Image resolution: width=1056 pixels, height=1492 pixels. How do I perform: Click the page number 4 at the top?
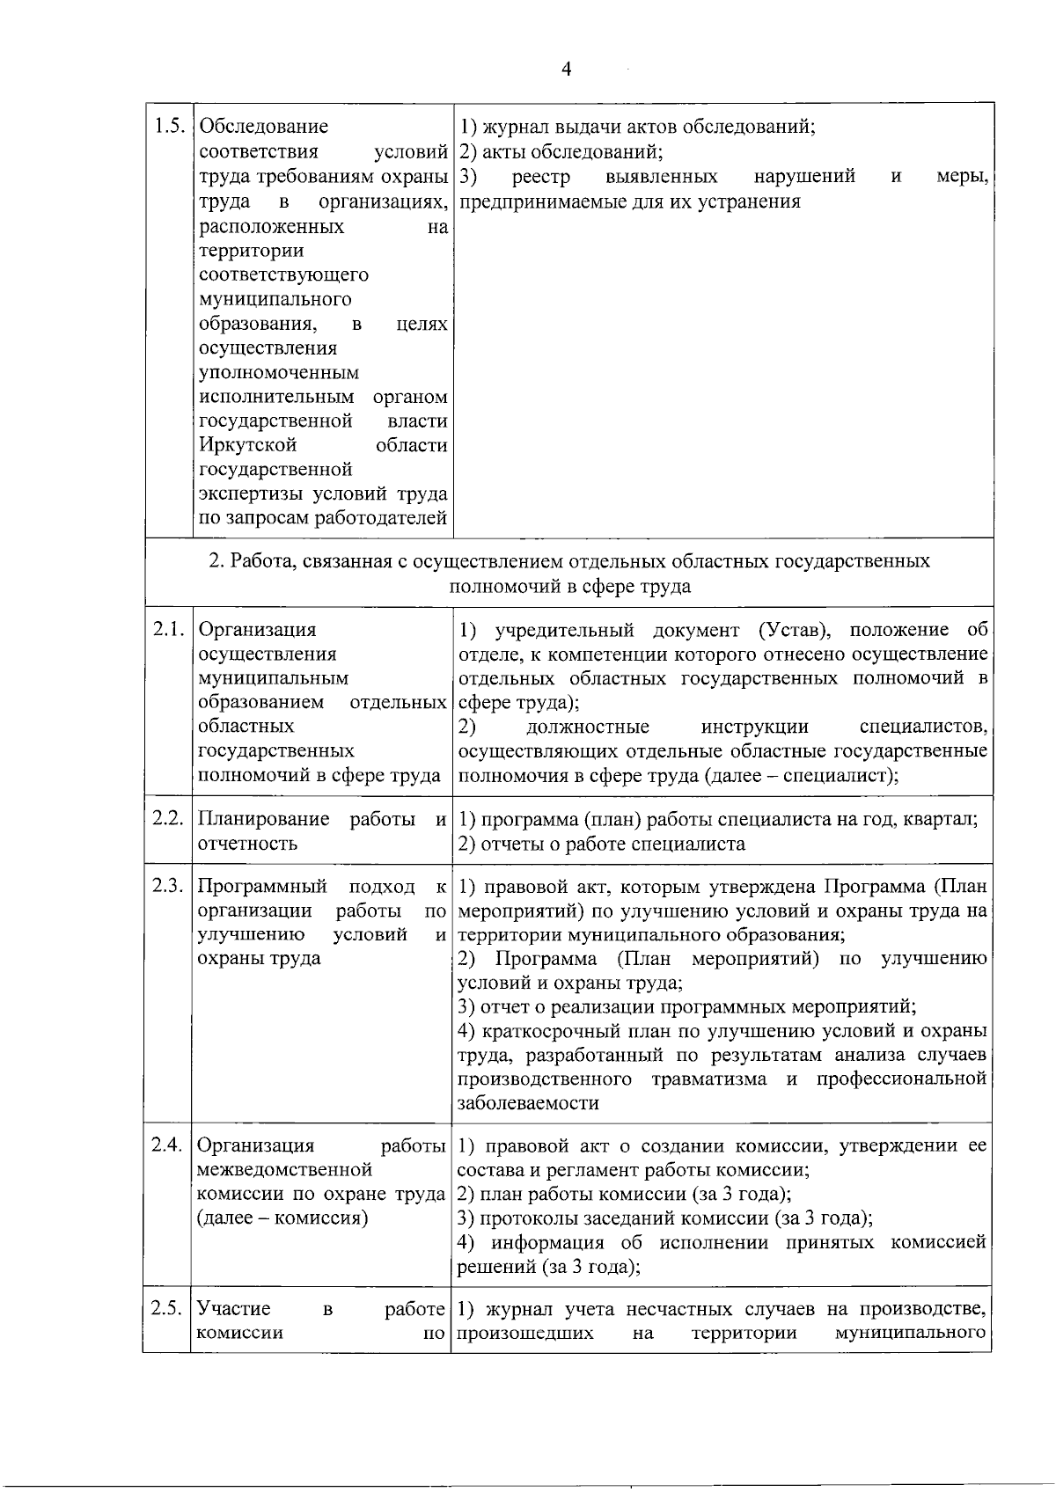click(x=566, y=69)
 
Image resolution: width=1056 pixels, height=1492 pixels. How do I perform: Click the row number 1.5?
click(x=167, y=126)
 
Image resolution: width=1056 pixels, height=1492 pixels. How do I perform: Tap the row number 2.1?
click(x=167, y=630)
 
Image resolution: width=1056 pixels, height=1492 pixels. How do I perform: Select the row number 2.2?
click(x=167, y=819)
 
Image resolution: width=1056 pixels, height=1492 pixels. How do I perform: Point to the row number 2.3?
click(x=167, y=886)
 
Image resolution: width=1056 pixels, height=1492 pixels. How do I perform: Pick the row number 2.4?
click(x=167, y=1145)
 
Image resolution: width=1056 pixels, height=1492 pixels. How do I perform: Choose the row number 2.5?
click(x=167, y=1308)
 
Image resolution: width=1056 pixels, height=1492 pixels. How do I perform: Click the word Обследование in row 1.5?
click(x=263, y=127)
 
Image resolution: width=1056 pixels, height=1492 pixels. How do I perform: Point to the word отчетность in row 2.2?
click(x=247, y=844)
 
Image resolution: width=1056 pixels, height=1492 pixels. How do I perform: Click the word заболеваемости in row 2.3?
click(x=528, y=1103)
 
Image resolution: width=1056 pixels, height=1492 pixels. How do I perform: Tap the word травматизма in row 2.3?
click(x=709, y=1079)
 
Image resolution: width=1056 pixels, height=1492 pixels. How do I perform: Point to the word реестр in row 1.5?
click(x=541, y=177)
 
